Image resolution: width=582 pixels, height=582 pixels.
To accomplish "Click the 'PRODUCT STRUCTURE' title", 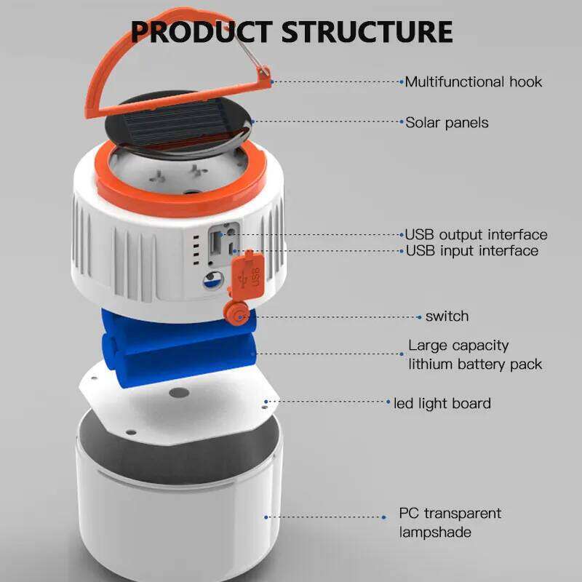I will pos(291,32).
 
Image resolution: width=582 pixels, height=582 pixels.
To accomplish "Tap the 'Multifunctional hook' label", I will pos(474,81).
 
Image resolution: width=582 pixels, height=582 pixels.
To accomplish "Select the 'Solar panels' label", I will pos(447,122).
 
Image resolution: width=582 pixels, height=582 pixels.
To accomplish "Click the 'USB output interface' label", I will pos(476,235).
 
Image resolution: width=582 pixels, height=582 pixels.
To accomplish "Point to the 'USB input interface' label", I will pos(471,251).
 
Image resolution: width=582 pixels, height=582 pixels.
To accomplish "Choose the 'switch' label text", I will pos(447,316).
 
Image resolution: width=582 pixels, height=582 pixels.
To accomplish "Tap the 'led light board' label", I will pos(442,403).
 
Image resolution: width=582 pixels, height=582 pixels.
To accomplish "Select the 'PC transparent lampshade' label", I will pos(450,522).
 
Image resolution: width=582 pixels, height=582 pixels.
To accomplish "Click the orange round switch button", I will pos(237,315).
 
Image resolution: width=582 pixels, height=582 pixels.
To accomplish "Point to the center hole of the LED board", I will pos(178,393).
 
